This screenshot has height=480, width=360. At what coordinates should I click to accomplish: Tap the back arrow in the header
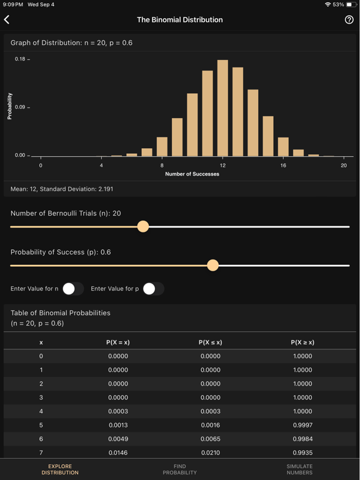7,20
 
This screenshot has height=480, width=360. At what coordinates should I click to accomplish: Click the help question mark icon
349,20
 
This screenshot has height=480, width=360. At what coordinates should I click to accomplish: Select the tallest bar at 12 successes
222,108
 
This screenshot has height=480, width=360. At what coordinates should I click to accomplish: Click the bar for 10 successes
192,125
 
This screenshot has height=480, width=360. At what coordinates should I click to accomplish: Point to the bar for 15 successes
268,136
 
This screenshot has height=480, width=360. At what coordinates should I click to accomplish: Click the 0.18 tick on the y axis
20,59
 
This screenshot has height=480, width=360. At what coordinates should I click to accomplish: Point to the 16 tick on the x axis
283,166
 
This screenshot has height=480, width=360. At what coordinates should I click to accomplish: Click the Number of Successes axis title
192,174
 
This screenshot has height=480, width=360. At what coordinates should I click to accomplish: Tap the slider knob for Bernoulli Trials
143,226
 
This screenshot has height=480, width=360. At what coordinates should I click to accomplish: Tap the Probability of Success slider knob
213,265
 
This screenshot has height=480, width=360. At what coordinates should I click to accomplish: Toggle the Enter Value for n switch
72,289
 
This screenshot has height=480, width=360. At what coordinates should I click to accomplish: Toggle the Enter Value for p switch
152,289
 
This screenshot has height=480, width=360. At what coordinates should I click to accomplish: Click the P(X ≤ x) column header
210,342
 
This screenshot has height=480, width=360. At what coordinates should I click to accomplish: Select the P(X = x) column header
118,342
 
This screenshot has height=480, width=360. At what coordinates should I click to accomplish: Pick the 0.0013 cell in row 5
118,425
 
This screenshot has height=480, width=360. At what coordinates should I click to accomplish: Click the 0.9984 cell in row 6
302,439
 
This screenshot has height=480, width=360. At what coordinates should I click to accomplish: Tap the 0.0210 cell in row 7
210,452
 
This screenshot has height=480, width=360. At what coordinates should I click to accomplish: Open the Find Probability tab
180,469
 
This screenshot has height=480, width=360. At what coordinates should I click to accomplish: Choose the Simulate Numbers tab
299,469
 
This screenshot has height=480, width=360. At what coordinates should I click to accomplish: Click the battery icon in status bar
351,4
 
